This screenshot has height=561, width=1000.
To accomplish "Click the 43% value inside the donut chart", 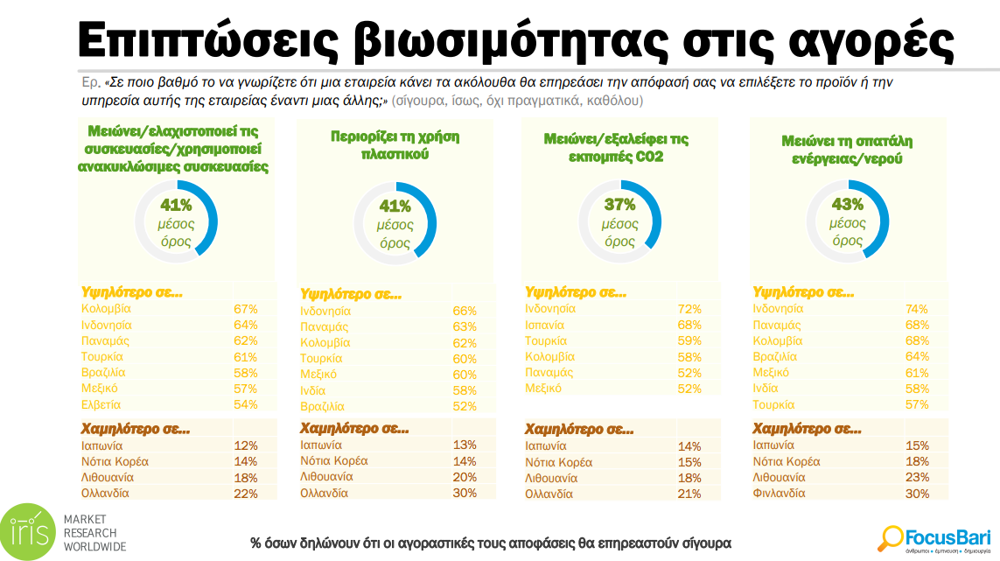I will click(x=846, y=205).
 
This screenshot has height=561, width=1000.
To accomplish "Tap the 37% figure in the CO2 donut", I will click(x=619, y=205).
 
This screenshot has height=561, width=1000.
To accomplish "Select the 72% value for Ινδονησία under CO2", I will click(x=689, y=309).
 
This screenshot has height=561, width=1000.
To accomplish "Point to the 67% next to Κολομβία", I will click(x=245, y=309).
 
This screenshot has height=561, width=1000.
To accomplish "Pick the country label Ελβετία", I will click(x=102, y=404).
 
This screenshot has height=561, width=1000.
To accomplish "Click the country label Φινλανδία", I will click(x=779, y=494).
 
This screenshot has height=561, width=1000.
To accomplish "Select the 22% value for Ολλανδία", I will click(x=245, y=494).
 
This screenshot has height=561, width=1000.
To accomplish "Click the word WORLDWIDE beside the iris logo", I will click(x=94, y=547).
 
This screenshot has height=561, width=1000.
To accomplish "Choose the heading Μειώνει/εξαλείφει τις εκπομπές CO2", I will click(x=616, y=146).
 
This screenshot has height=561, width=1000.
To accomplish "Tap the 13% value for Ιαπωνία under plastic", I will click(x=465, y=445).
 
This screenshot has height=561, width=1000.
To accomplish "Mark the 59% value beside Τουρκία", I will click(x=689, y=340).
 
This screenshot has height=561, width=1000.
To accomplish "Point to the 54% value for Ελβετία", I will click(x=245, y=404).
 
